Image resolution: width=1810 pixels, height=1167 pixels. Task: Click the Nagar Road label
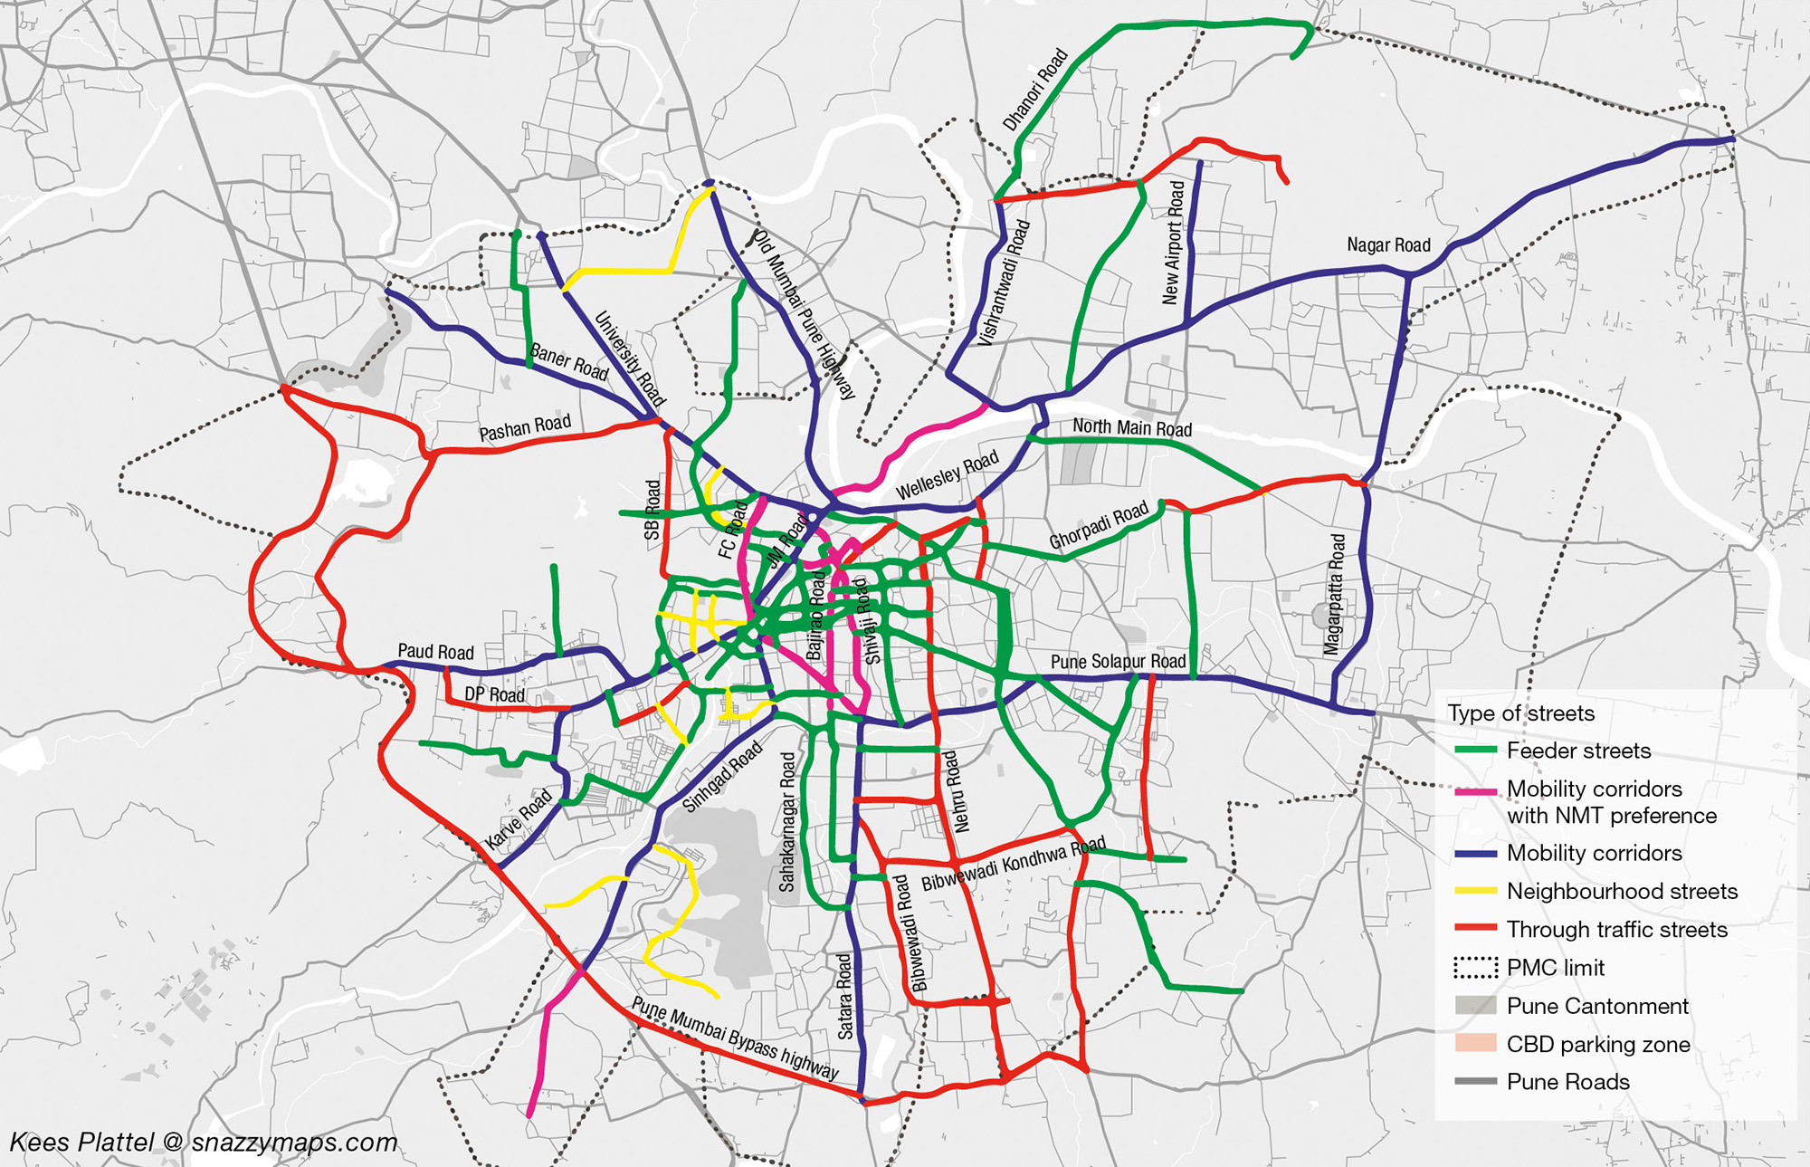[1388, 245]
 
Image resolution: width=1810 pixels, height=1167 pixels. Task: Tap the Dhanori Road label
[1035, 90]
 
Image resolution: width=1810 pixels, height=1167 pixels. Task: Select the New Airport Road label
[1173, 243]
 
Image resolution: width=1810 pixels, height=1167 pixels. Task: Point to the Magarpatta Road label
[1335, 594]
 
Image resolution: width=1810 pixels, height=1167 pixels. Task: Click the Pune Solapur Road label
[1118, 662]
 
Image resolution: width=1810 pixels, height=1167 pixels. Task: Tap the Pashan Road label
[525, 427]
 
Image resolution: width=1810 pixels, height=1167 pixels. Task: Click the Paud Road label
[435, 652]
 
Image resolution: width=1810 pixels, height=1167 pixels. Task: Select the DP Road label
[494, 694]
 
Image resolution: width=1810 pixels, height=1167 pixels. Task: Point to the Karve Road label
[519, 819]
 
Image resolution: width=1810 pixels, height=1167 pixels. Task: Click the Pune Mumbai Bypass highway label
[735, 1038]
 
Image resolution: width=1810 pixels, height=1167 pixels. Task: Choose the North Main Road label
[1131, 427]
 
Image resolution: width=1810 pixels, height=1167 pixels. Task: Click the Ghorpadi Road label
[1098, 525]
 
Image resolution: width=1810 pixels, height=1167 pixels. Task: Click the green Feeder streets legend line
[1475, 751]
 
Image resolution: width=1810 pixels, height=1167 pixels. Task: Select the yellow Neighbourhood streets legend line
[1475, 891]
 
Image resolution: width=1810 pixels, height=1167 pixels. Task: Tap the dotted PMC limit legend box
[1475, 968]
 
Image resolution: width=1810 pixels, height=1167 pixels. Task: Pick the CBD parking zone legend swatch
[1475, 1043]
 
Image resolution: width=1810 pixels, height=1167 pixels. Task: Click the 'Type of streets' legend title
[1520, 713]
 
